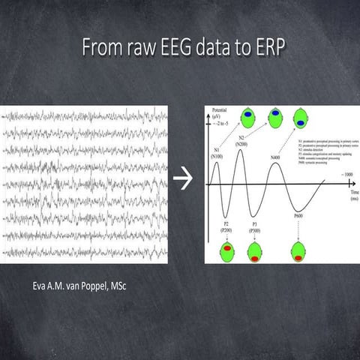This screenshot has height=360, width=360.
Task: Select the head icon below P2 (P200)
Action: (224, 252)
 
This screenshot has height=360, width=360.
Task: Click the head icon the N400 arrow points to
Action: (301, 118)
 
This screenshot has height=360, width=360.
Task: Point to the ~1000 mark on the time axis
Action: (346, 174)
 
